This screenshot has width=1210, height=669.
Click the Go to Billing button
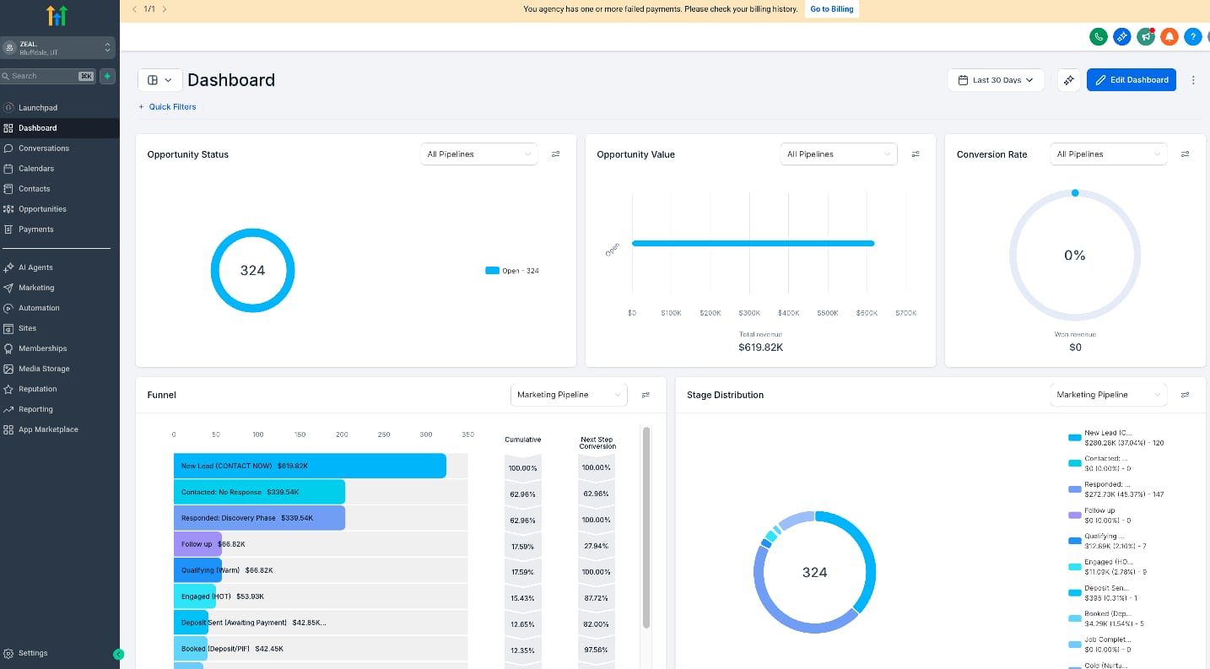point(831,9)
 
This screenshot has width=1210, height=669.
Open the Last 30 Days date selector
point(996,80)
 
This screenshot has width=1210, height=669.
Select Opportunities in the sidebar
point(42,209)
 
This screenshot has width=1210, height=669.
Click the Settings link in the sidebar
point(33,653)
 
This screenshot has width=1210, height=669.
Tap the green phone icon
point(1098,36)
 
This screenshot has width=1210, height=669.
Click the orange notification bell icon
point(1169,36)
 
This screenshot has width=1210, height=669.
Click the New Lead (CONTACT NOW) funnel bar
point(310,466)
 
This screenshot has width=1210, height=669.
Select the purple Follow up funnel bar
point(197,544)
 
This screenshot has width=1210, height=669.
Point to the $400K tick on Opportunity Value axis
point(788,313)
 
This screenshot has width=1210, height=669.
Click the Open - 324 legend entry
point(512,271)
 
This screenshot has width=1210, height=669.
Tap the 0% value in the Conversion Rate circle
point(1074,256)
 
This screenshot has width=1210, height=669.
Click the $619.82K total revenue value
point(760,347)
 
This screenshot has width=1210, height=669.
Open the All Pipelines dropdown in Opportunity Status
point(478,154)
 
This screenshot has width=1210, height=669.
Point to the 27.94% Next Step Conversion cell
point(596,547)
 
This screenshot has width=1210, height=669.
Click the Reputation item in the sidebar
point(38,389)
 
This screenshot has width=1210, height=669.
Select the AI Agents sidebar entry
point(35,267)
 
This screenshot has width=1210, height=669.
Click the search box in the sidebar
point(42,76)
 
